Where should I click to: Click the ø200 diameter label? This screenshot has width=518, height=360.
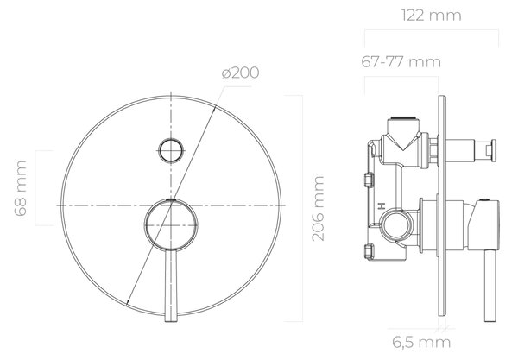point(240,73)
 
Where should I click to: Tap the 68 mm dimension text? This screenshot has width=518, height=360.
point(21,188)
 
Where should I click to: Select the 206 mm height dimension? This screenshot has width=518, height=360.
point(318,208)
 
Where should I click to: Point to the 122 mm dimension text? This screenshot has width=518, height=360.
point(431,16)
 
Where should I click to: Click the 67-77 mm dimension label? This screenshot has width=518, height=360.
point(401,62)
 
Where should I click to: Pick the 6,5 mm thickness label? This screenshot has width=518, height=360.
point(421,342)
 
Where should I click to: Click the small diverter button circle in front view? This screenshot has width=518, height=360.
point(171,150)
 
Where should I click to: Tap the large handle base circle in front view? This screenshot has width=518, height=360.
point(171,225)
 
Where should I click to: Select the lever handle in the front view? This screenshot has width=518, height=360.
point(171,286)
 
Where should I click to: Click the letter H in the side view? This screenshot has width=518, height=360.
point(382,206)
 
